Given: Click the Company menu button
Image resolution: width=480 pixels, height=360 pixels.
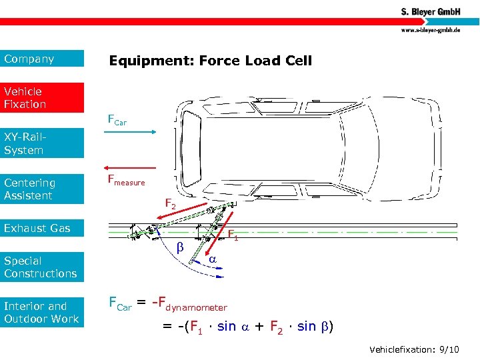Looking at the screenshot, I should point(42,59).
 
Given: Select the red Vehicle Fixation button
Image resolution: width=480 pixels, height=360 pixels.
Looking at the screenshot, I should point(42,97).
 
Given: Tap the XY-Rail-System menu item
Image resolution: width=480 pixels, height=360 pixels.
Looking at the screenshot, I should point(42,143).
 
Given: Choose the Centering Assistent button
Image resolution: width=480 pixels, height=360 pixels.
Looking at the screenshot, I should point(42,189).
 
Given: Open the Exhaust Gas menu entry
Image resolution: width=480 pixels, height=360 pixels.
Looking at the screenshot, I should point(42,228).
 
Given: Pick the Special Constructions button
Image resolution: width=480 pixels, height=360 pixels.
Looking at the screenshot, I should point(42,267).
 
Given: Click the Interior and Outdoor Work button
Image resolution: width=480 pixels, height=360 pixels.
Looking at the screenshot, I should point(42,312).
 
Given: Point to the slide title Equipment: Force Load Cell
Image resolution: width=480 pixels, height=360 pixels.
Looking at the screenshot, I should point(210,61).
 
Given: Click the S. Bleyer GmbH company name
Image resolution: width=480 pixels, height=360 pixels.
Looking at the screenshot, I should point(431,13).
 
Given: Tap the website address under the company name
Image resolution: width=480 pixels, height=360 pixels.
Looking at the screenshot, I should point(431,31).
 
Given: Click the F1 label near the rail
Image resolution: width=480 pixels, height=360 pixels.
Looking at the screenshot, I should point(233,235).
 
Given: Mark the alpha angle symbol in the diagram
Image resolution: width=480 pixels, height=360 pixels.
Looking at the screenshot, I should point(212,257).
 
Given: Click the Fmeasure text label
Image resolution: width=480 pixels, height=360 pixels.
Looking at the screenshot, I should point(126,179).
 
